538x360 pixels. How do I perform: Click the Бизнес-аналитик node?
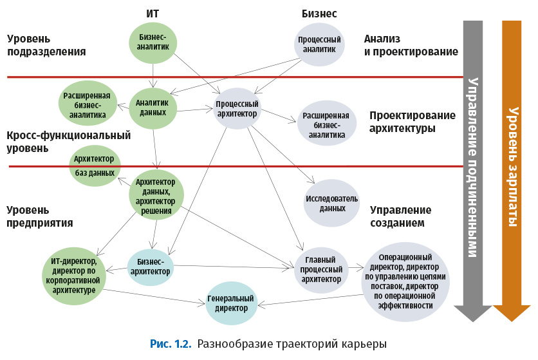pyautogui.click(x=153, y=43)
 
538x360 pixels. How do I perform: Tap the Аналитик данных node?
pyautogui.click(x=153, y=107)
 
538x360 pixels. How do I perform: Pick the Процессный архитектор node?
pyautogui.click(x=237, y=109)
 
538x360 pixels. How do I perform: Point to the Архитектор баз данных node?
pyautogui.click(x=94, y=166)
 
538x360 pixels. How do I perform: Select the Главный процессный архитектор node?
pyautogui.click(x=321, y=270)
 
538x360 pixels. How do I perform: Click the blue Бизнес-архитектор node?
pyautogui.click(x=151, y=267)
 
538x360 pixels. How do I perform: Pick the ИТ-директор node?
pyautogui.click(x=74, y=276)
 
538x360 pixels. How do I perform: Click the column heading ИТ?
pyautogui.click(x=153, y=13)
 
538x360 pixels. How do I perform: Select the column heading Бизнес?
pyautogui.click(x=319, y=13)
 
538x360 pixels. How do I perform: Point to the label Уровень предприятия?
pyautogui.click(x=39, y=216)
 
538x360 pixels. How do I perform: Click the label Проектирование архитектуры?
pyautogui.click(x=412, y=121)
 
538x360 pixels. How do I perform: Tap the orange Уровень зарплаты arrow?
pyautogui.click(x=512, y=167)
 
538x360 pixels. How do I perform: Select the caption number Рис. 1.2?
pyautogui.click(x=171, y=343)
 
